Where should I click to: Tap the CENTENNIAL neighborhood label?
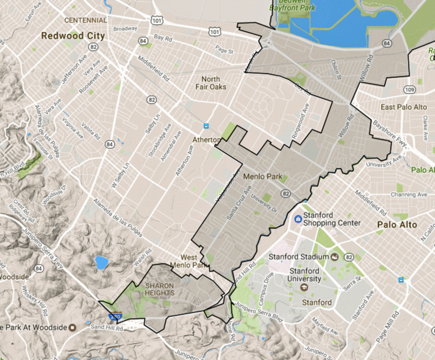point(86,20)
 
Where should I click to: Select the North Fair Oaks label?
point(214,83)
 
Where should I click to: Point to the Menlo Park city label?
point(262,176)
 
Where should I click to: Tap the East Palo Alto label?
point(403,107)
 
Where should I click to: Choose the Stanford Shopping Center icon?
point(297,219)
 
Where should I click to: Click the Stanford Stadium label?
point(300,257)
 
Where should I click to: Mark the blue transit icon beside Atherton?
point(206,126)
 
